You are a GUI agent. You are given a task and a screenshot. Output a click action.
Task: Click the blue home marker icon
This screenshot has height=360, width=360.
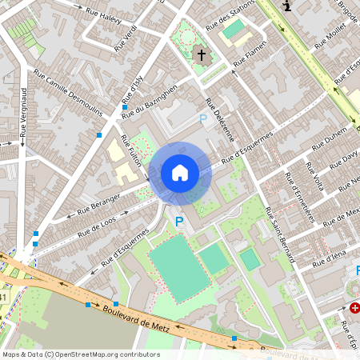(x=180, y=172)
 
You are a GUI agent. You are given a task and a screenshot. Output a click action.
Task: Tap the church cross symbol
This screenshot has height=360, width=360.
(x=202, y=56)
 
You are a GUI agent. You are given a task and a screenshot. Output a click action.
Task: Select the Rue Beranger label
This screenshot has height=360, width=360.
(x=98, y=204)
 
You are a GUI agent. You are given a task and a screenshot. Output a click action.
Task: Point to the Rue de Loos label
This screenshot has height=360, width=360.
(x=97, y=226)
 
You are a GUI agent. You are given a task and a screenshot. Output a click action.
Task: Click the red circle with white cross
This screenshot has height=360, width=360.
(x=354, y=307)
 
